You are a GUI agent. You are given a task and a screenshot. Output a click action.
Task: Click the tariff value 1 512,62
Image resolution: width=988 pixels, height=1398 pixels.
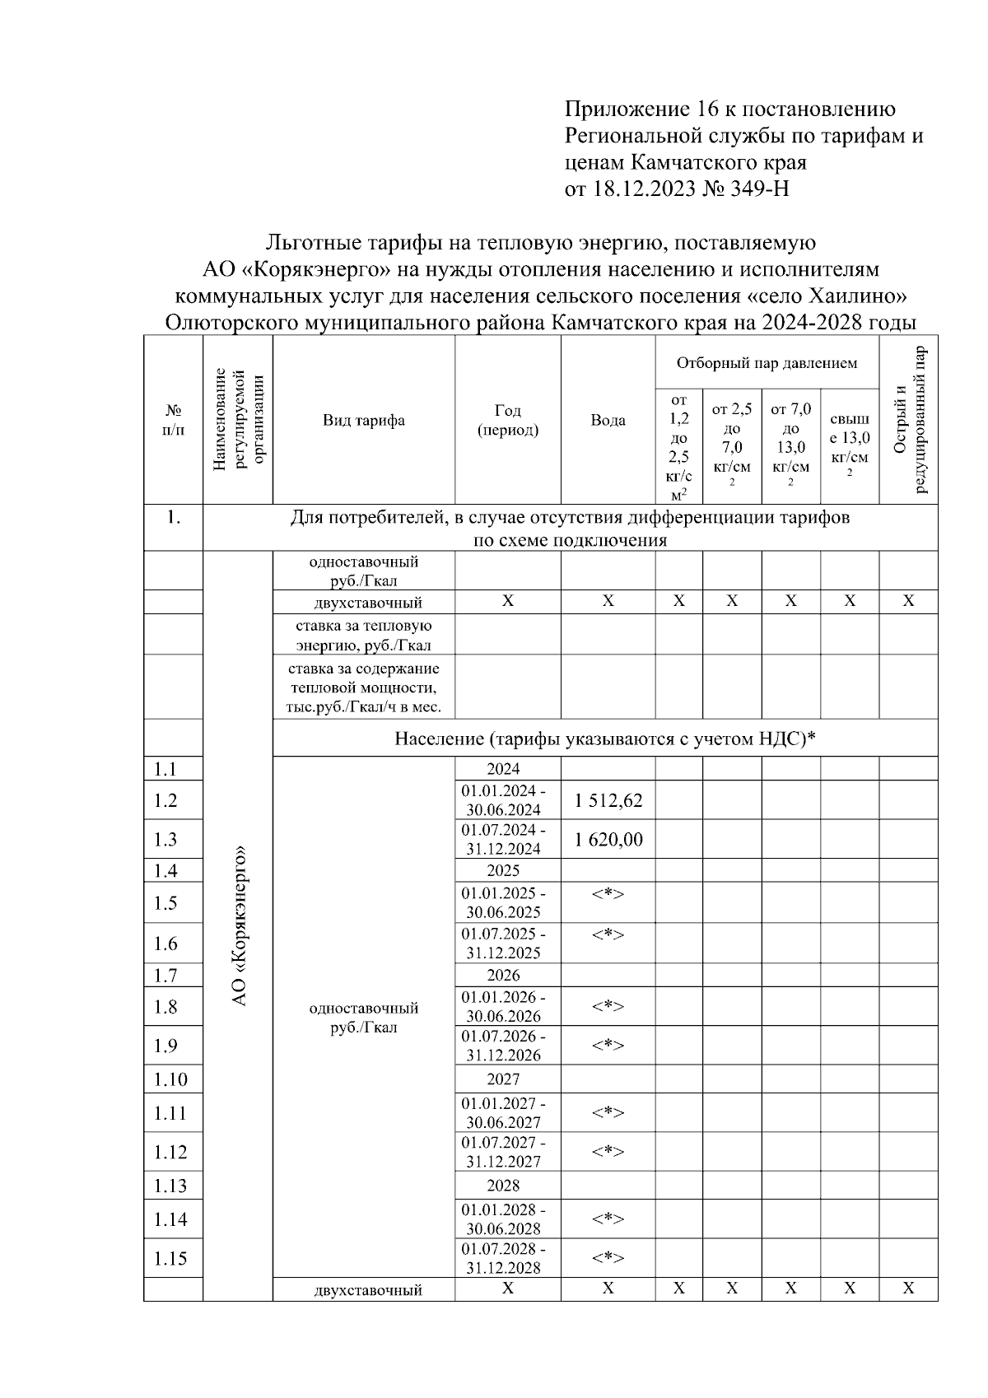click(x=608, y=800)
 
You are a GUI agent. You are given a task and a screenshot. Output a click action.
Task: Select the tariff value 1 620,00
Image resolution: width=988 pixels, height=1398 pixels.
click(x=608, y=840)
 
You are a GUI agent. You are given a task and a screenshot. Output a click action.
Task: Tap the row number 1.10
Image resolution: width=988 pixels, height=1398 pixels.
click(x=170, y=1079)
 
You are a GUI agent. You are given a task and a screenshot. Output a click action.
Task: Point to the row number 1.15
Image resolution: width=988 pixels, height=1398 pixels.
click(x=170, y=1258)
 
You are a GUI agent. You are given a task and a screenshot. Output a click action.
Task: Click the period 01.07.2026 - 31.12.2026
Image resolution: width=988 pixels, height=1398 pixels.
click(x=503, y=1046)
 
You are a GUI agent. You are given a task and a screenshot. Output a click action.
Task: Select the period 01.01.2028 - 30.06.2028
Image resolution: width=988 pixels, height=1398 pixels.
click(x=503, y=1219)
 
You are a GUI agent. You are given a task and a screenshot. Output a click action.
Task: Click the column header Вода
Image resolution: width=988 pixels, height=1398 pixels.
click(x=608, y=421)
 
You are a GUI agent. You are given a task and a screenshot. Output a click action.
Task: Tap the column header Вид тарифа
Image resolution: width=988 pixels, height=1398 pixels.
click(x=363, y=421)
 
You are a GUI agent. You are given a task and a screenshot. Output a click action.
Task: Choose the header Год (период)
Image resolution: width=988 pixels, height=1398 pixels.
click(x=508, y=421)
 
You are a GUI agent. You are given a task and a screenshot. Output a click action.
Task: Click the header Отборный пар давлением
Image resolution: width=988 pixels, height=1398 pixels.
click(x=767, y=363)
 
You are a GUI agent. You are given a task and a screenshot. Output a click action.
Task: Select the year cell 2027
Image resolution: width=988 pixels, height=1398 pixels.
click(x=503, y=1079)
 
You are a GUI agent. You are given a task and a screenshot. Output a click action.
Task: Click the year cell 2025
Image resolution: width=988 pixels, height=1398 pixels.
click(x=503, y=870)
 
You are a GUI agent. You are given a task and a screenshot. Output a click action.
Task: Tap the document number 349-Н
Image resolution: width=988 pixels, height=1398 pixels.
click(x=759, y=189)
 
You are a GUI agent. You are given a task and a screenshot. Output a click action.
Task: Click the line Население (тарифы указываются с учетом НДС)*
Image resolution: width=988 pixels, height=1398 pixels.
click(x=605, y=739)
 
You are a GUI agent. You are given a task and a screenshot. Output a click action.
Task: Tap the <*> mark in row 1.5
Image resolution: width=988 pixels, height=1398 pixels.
click(x=608, y=894)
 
